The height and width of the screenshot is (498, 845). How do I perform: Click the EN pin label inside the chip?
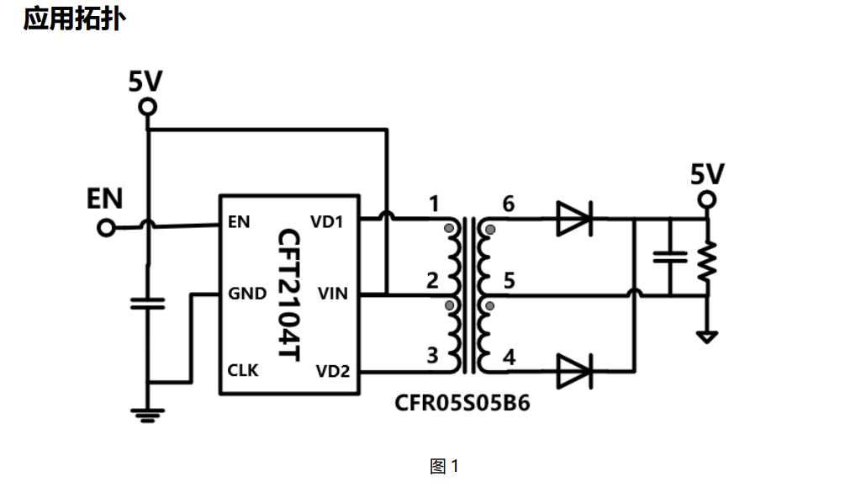pos(239,221)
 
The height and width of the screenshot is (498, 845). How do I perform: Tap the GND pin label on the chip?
pos(247,294)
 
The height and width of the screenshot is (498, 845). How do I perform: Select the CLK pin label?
pos(243,370)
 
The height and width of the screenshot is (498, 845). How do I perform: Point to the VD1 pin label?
pos(326,221)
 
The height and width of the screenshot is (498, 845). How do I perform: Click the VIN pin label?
pos(332,294)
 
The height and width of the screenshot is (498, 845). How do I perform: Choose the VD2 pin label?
pos(332,371)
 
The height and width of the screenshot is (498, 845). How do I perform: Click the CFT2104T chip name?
pos(288,294)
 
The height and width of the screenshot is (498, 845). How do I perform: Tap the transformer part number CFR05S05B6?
pos(462,403)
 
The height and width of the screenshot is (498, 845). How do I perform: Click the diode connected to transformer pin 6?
pos(575,219)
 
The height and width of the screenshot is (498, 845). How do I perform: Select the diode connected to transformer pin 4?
pos(575,371)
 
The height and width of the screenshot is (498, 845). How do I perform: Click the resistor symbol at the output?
pos(707,262)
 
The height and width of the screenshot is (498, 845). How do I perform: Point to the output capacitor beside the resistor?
pos(670,257)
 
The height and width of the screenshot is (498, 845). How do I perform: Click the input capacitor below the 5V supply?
pos(148,304)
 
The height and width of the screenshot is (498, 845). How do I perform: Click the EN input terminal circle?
pos(106,228)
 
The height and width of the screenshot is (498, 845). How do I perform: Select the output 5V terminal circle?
pos(707,200)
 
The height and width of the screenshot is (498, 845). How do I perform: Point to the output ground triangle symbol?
pos(707,337)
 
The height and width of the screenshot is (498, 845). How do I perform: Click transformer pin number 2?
pos(432,280)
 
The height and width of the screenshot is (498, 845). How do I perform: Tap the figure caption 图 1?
pos(444,466)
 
